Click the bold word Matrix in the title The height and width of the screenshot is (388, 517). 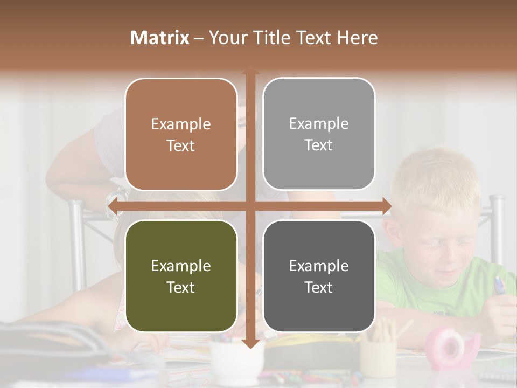[x=159, y=38]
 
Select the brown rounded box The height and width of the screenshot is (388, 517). [x=181, y=134]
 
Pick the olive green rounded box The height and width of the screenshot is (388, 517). [x=181, y=276]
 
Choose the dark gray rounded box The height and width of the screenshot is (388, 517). [x=319, y=276]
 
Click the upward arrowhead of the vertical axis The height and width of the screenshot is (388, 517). [x=250, y=70]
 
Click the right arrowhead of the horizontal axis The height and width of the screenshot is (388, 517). [x=387, y=206]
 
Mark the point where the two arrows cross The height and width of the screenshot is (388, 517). [x=250, y=206]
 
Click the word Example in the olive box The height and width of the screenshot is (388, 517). [x=181, y=266]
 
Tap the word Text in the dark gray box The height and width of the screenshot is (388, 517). [x=319, y=287]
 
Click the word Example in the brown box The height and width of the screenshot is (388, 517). [x=181, y=124]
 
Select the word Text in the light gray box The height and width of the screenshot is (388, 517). [x=319, y=145]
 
